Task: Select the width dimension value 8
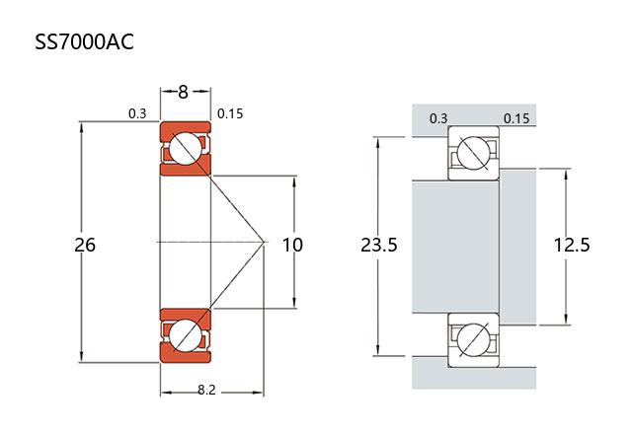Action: click(x=184, y=92)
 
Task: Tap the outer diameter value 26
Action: click(x=85, y=245)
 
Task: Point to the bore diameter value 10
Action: click(x=293, y=245)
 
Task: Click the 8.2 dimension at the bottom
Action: click(x=206, y=390)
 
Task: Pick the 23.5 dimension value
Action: click(x=379, y=245)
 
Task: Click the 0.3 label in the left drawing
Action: click(x=137, y=113)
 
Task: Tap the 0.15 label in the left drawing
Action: click(x=229, y=113)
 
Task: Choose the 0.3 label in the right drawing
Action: click(x=438, y=118)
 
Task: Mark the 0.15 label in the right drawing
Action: click(x=516, y=118)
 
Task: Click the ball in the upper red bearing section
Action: click(x=184, y=149)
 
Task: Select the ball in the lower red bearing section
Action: click(x=184, y=333)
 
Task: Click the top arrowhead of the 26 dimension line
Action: click(x=82, y=125)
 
